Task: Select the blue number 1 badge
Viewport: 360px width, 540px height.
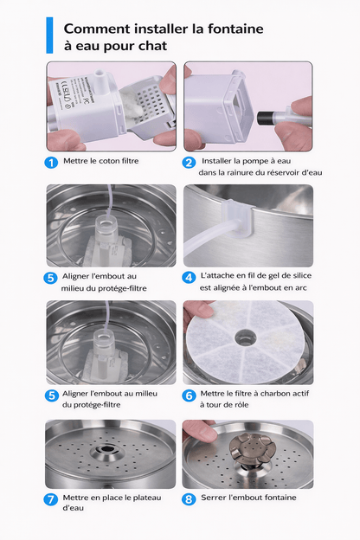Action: [x=52, y=161]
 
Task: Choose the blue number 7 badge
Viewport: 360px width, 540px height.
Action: [x=52, y=499]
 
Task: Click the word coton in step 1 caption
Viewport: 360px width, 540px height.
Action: [x=107, y=160]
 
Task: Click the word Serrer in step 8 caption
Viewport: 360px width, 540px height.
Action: [x=217, y=498]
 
